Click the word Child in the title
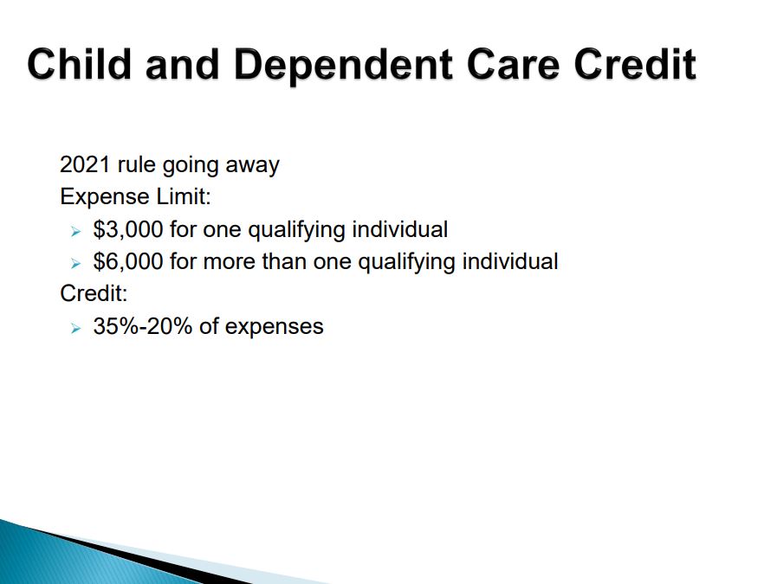pyautogui.click(x=79, y=64)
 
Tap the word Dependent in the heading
pyautogui.click(x=343, y=65)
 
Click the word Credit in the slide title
pyautogui.click(x=635, y=64)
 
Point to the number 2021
pyautogui.click(x=85, y=164)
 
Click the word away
pyautogui.click(x=252, y=166)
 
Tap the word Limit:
pyautogui.click(x=184, y=196)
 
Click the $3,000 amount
pyautogui.click(x=128, y=229)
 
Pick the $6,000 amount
pyautogui.click(x=128, y=262)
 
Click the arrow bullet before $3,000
pyautogui.click(x=75, y=231)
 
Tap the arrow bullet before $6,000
pyautogui.click(x=75, y=263)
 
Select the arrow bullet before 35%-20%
pyautogui.click(x=75, y=328)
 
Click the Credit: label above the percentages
pyautogui.click(x=94, y=293)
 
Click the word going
pyautogui.click(x=191, y=166)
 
